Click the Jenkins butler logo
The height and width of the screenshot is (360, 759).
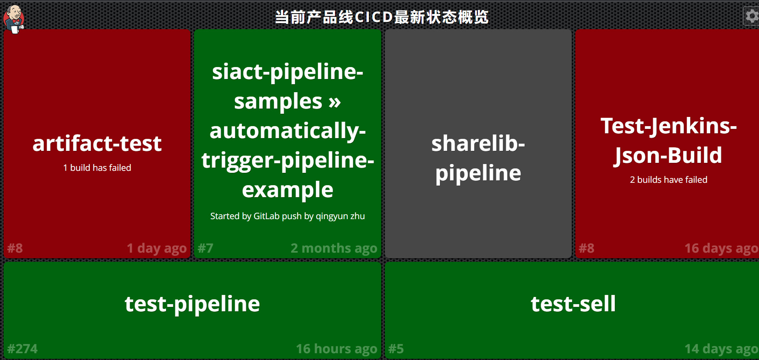pyautogui.click(x=14, y=19)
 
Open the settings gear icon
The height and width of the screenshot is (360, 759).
pyautogui.click(x=751, y=16)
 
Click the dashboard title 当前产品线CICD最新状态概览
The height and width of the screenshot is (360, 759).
pyautogui.click(x=381, y=17)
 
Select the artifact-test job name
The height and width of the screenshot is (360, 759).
pyautogui.click(x=97, y=143)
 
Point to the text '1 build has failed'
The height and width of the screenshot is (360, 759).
pyautogui.click(x=97, y=168)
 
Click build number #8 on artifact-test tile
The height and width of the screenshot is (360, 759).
pyautogui.click(x=15, y=248)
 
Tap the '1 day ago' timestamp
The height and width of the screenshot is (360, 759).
pyautogui.click(x=157, y=248)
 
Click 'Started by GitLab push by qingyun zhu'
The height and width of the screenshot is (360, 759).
pyautogui.click(x=287, y=216)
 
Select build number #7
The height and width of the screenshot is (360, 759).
pyautogui.click(x=206, y=248)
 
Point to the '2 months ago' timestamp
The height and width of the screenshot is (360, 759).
pyautogui.click(x=334, y=248)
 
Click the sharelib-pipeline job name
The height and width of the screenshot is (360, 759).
pyautogui.click(x=478, y=158)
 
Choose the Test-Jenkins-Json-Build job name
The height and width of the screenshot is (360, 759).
pyautogui.click(x=668, y=140)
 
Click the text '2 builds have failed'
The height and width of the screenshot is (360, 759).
pyautogui.click(x=668, y=180)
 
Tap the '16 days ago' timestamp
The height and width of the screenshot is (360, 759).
pyautogui.click(x=721, y=248)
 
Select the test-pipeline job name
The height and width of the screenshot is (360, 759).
pyautogui.click(x=192, y=304)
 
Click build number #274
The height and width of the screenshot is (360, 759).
pyautogui.click(x=22, y=349)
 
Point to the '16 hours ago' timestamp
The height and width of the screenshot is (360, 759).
pyautogui.click(x=336, y=349)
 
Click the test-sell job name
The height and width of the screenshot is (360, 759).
pyautogui.click(x=573, y=304)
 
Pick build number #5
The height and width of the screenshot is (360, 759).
pyautogui.click(x=396, y=349)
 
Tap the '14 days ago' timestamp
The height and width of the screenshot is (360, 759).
pyautogui.click(x=721, y=349)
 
